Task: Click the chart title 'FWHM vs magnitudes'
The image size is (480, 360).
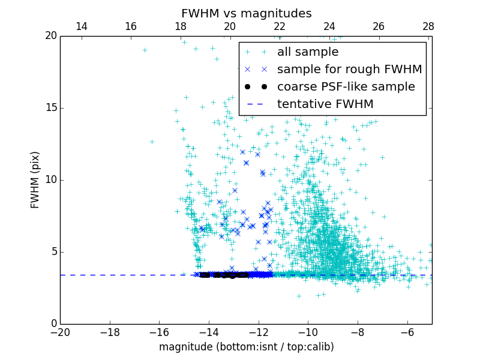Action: (x=246, y=13)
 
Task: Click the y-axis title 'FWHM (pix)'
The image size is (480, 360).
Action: (x=35, y=180)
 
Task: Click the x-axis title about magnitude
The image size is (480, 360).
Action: (x=246, y=347)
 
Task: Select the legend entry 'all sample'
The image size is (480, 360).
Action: (x=308, y=52)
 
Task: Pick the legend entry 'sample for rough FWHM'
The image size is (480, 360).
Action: (x=349, y=70)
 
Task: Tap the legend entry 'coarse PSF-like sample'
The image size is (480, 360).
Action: (x=346, y=87)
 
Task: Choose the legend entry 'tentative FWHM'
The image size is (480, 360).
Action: (x=325, y=104)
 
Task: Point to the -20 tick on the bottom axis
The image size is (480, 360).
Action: (x=60, y=332)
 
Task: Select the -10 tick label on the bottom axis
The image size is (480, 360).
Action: (x=308, y=332)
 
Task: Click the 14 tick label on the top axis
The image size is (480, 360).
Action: (x=82, y=26)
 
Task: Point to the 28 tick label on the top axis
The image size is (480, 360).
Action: (x=428, y=26)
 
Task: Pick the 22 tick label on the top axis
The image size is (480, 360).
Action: (x=280, y=26)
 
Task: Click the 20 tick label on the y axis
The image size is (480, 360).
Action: (x=50, y=36)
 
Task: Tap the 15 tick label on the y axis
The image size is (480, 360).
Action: (x=50, y=108)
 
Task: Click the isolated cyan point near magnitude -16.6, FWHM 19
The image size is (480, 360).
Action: (x=145, y=50)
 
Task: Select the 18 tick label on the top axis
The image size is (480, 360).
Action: (x=181, y=26)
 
